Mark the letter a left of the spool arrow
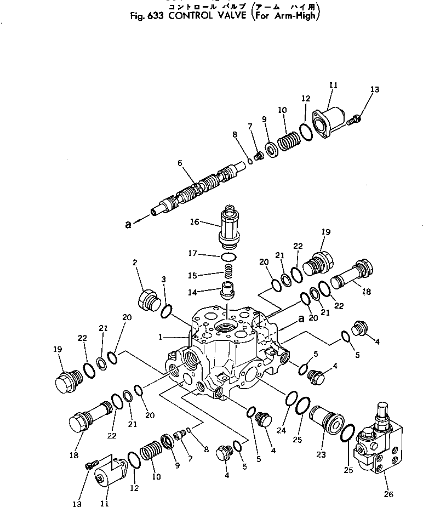[128, 224]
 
